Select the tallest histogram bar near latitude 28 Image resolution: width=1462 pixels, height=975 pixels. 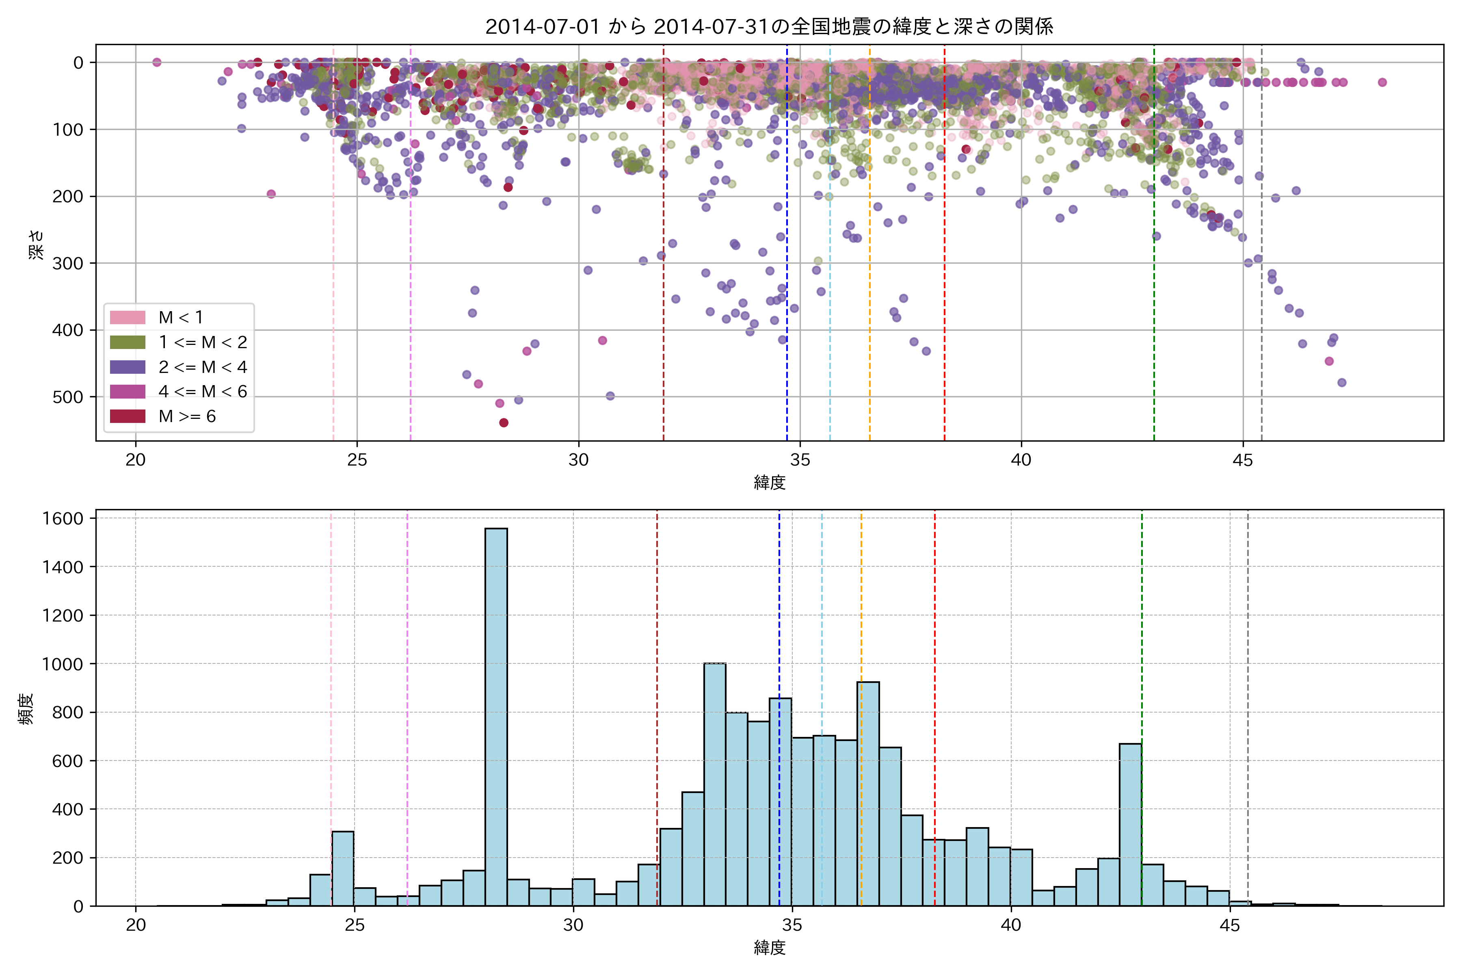(x=496, y=715)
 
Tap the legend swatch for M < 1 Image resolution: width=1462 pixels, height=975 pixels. (x=128, y=318)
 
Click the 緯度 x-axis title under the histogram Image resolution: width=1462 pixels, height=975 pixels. (x=770, y=948)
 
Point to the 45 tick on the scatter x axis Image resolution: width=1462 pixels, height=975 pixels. (x=1243, y=460)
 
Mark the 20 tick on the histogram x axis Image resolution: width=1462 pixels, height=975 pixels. (x=136, y=925)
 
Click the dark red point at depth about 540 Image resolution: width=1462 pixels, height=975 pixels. (x=504, y=423)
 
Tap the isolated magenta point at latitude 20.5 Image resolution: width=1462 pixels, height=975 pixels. (x=157, y=62)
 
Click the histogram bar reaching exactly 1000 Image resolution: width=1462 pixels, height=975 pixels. (x=715, y=784)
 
